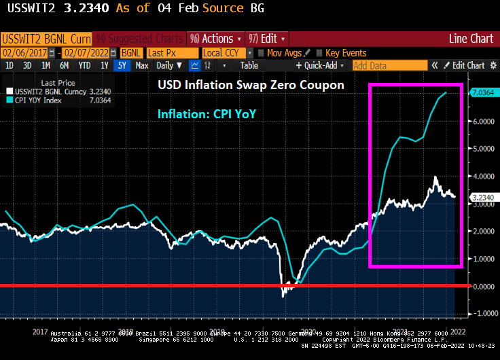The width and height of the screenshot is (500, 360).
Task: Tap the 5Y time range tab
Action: [121, 66]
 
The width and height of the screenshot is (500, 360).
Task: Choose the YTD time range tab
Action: [84, 66]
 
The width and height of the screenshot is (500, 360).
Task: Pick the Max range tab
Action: [142, 66]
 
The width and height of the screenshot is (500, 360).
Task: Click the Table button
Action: [249, 66]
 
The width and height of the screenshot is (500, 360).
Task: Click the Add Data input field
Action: [389, 66]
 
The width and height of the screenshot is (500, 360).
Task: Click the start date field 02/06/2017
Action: [25, 53]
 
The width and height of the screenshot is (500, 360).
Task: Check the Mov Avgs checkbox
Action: [262, 53]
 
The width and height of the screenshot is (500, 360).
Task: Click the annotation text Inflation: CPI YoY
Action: [207, 114]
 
